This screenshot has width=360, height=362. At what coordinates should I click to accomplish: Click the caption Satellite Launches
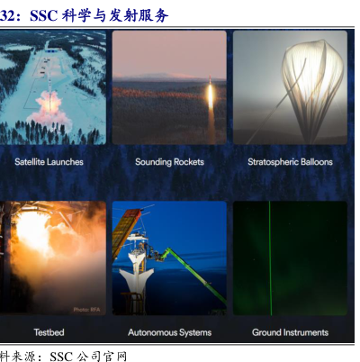point(49,162)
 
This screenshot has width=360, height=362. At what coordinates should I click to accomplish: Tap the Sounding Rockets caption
point(169,162)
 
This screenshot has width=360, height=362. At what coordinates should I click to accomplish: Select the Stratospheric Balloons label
point(290,162)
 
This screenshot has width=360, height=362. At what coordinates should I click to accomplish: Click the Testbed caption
point(49,332)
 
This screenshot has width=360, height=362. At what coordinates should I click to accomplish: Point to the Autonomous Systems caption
point(170,332)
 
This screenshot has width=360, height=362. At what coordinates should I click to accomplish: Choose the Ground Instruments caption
point(290,332)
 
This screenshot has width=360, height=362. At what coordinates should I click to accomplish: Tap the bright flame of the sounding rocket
point(211,95)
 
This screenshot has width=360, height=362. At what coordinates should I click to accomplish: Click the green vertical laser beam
point(270,258)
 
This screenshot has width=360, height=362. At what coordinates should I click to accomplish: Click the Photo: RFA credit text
point(86,310)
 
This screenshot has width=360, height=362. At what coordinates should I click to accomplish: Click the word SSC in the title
point(43,15)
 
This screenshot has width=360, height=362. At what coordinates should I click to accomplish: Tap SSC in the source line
point(61,357)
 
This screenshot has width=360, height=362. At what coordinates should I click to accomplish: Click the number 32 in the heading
point(6,15)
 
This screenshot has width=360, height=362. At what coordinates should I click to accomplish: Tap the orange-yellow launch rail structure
point(125,231)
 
